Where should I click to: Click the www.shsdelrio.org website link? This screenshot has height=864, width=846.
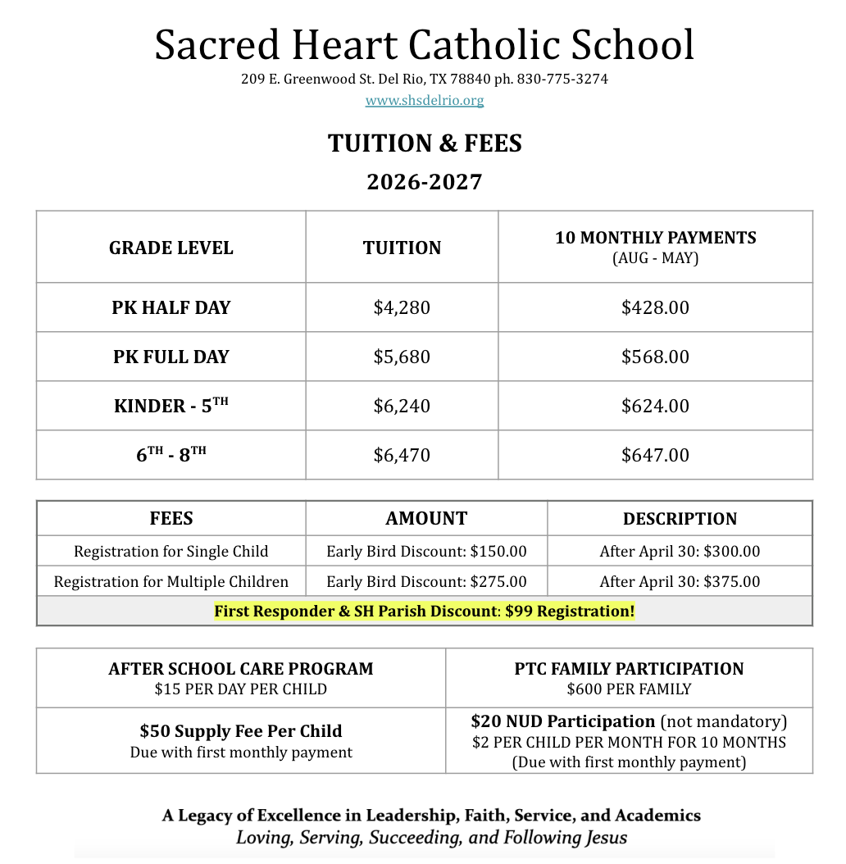pos(425,101)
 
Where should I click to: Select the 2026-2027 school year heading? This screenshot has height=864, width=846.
pos(424,181)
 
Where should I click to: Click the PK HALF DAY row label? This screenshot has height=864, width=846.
pos(171,307)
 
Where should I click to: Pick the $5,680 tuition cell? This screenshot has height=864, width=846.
pos(402,357)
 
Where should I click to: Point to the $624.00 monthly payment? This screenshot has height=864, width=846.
pos(655,406)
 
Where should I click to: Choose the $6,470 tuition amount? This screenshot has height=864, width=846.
pos(402,455)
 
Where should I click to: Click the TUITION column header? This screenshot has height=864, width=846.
pos(402,248)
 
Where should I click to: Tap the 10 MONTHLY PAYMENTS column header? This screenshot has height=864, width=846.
pos(655,238)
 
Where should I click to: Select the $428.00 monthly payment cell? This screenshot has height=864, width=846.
pos(655,307)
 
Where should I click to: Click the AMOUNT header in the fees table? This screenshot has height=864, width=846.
pos(426,518)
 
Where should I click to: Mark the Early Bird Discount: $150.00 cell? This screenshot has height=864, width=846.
pos(426,552)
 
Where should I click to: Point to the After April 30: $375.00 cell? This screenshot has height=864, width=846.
pos(680,582)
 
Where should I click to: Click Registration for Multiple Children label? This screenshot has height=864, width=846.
pos(171,582)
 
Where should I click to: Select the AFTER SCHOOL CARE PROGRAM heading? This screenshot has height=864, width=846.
pos(241,669)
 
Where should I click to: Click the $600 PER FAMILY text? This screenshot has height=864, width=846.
pos(629,689)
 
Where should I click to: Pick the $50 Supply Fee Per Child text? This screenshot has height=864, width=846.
pos(241,731)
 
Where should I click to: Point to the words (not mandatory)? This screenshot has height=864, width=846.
pos(724,721)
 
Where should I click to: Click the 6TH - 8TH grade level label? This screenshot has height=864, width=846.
pos(171,455)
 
